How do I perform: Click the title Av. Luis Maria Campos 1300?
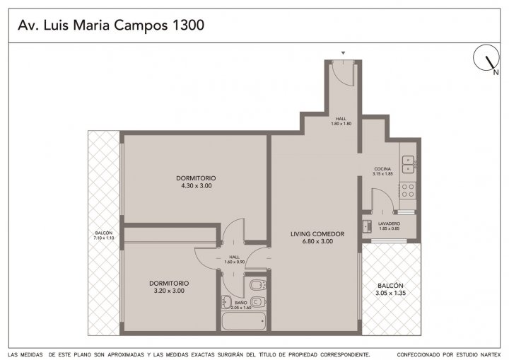pyautogui.click(x=111, y=25)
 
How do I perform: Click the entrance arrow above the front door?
pyautogui.click(x=343, y=53)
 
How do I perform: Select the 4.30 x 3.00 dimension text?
pyautogui.click(x=197, y=186)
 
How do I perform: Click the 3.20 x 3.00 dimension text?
pyautogui.click(x=169, y=291)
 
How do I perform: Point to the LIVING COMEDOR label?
pyautogui.click(x=317, y=234)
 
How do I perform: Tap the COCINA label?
pyautogui.click(x=382, y=169)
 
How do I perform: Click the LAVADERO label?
pyautogui.click(x=390, y=223)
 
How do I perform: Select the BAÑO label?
pyautogui.click(x=241, y=303)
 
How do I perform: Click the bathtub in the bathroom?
pyautogui.click(x=244, y=320)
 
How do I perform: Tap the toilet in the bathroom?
pyautogui.click(x=259, y=302)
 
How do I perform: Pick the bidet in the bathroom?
pyautogui.click(x=259, y=285)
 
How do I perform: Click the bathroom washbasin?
pyautogui.click(x=226, y=302)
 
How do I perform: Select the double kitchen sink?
pyautogui.click(x=409, y=164)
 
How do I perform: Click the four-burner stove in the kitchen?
pyautogui.click(x=408, y=190)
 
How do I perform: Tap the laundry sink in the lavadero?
pyautogui.click(x=367, y=226)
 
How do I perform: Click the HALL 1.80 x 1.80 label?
pyautogui.click(x=341, y=121)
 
